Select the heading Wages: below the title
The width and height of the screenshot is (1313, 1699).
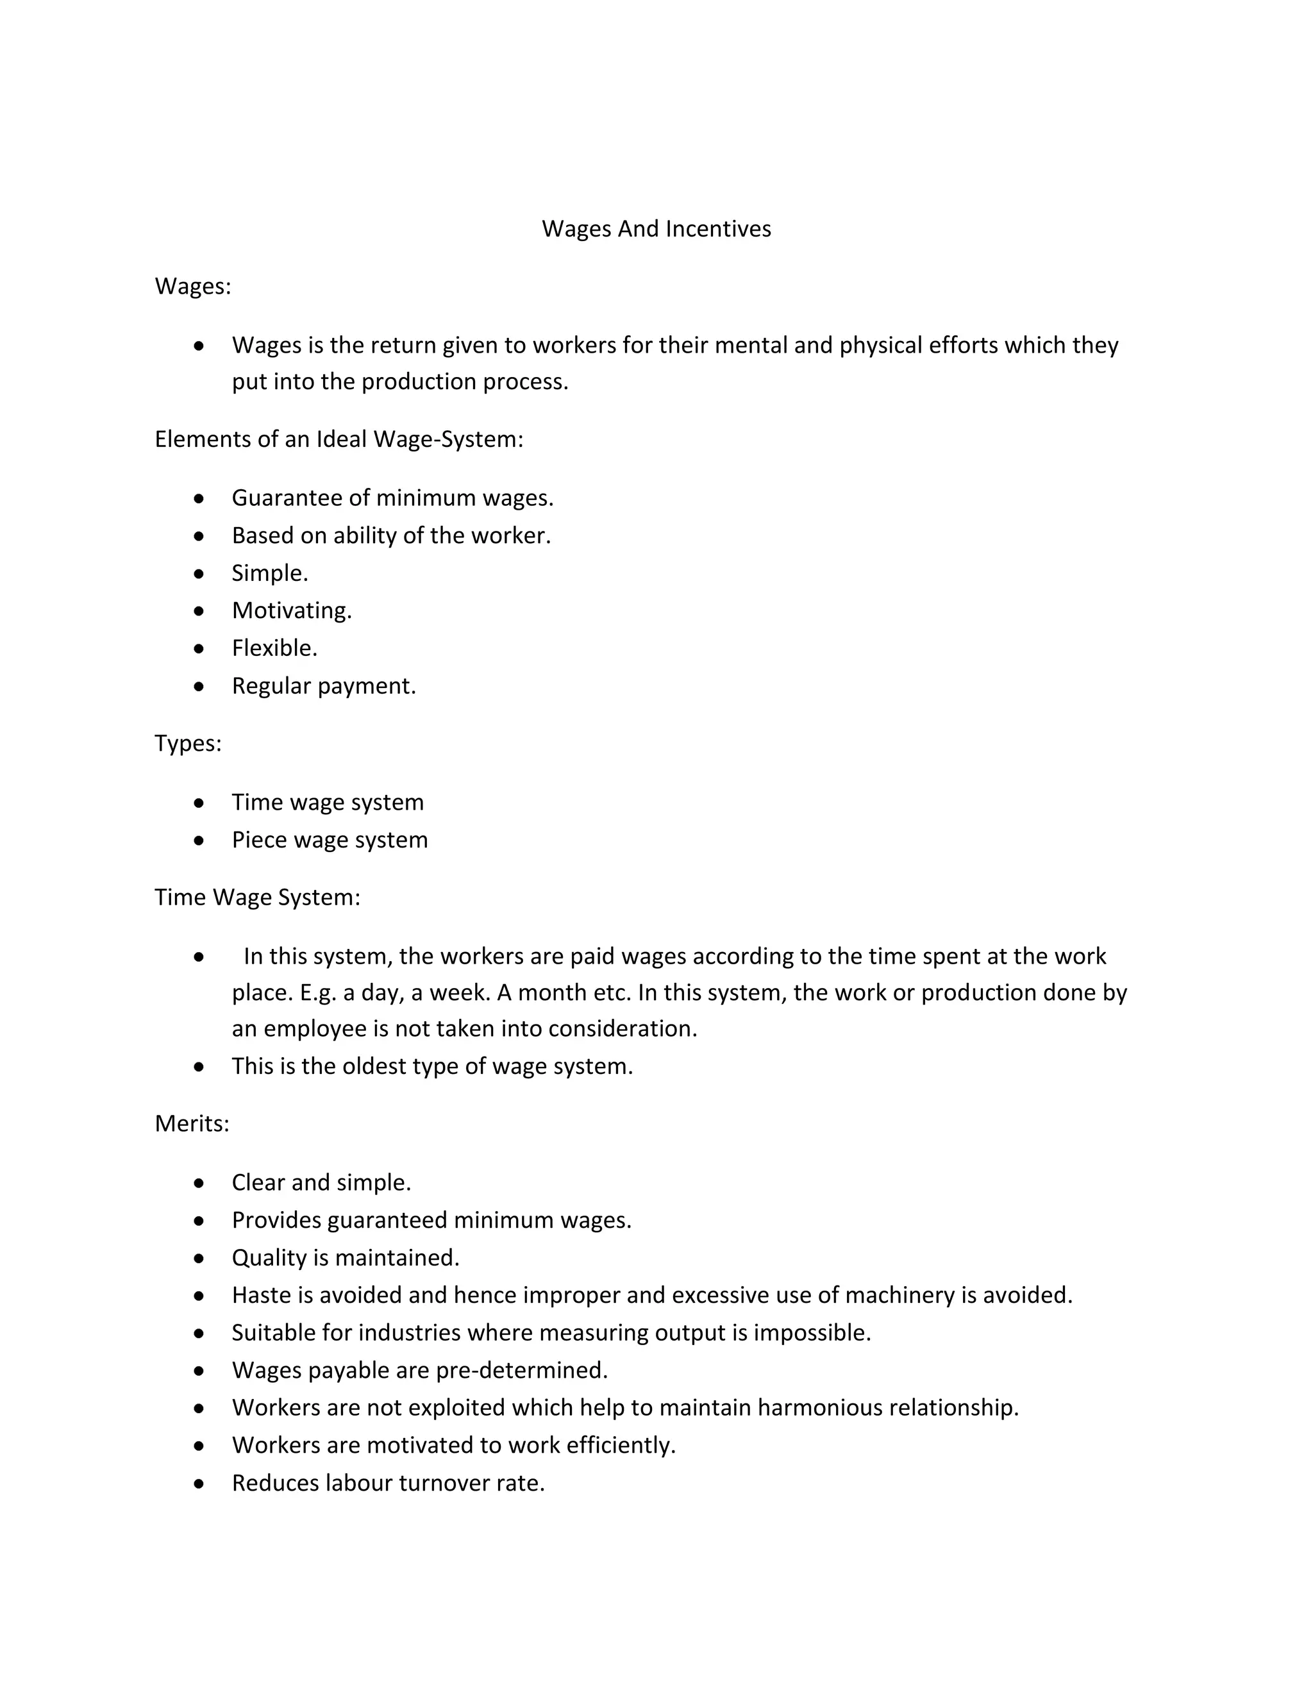[193, 287]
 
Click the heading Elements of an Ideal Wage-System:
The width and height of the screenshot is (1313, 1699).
[339, 440]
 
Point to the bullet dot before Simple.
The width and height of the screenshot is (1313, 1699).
[199, 573]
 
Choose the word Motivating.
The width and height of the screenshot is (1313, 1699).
[292, 610]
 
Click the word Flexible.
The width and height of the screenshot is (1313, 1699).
[274, 648]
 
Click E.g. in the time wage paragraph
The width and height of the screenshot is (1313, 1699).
[317, 993]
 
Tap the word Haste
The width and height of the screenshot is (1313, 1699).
[262, 1295]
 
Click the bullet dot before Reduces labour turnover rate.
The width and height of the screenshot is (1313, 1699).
[199, 1484]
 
